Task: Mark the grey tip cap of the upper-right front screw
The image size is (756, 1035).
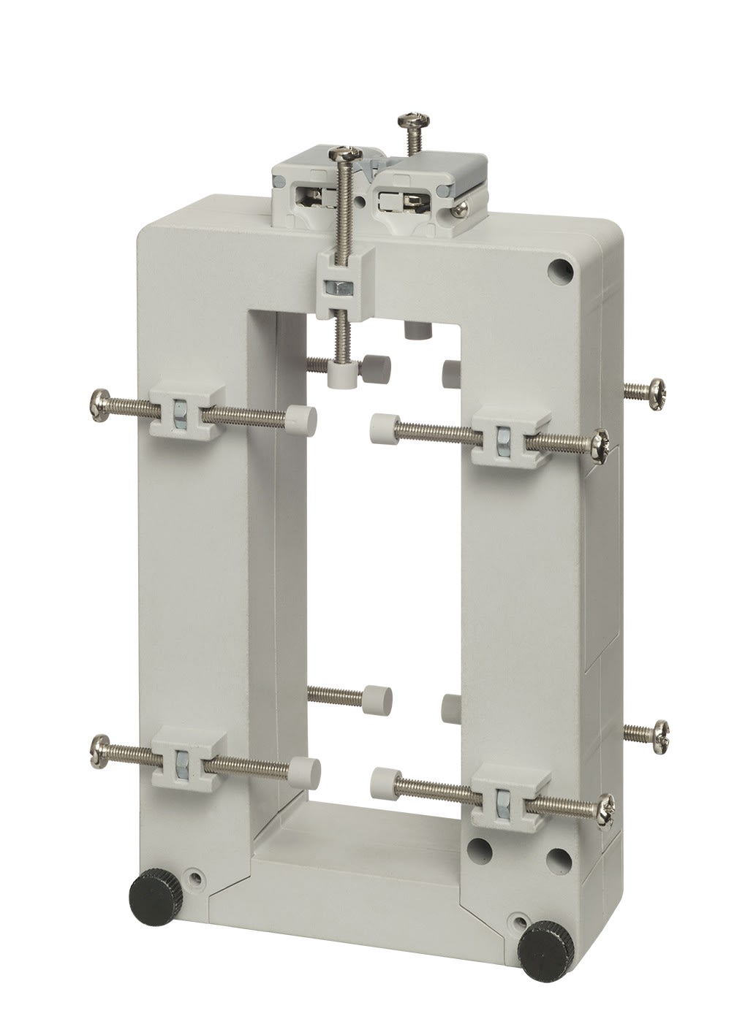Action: tap(381, 424)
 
